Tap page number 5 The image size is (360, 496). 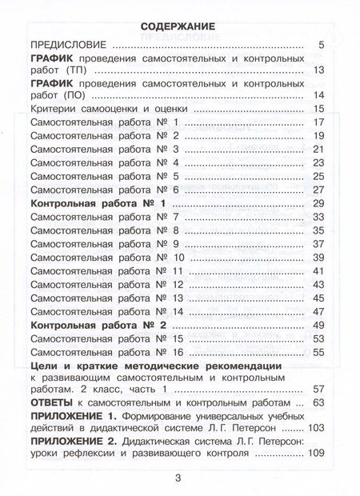pyautogui.click(x=320, y=45)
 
